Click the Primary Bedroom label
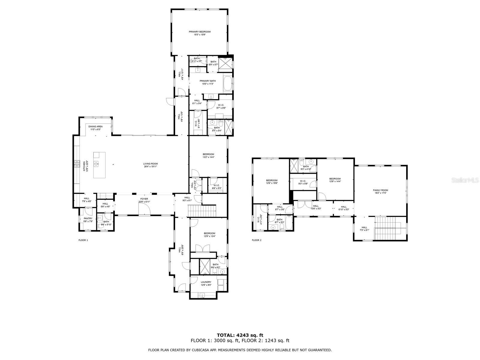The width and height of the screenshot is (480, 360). click(199, 32)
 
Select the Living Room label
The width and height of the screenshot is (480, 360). click(150, 164)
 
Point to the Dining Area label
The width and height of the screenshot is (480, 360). click(95, 127)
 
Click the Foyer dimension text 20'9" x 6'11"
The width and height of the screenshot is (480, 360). click(144, 202)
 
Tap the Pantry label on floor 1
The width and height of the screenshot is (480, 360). click(88, 218)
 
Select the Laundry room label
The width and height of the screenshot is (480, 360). click(206, 282)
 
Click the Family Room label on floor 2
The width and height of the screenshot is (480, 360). click(380, 190)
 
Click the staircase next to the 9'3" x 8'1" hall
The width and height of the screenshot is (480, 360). click(202, 210)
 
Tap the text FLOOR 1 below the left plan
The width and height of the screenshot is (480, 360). click(83, 240)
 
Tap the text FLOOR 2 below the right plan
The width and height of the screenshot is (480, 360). click(256, 240)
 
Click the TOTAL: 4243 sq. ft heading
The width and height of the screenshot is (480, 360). click(240, 335)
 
